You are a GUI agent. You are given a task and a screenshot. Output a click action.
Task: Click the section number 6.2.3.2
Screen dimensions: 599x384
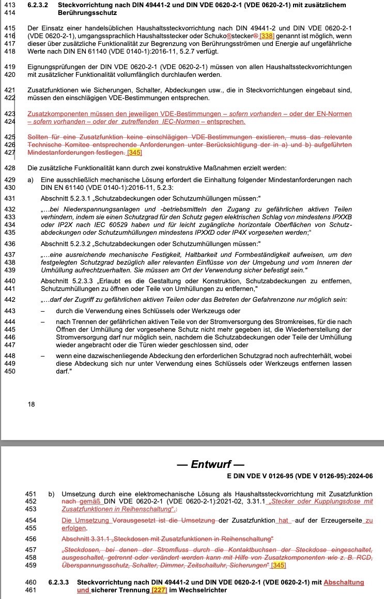[38, 5]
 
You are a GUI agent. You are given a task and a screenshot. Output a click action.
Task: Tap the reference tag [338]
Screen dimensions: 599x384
[267, 35]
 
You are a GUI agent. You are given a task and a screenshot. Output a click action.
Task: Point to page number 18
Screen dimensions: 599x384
[32, 404]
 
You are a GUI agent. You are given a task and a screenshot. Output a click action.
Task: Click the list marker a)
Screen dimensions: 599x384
[31, 179]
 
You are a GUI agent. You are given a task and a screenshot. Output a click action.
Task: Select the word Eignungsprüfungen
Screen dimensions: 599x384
[54, 67]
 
